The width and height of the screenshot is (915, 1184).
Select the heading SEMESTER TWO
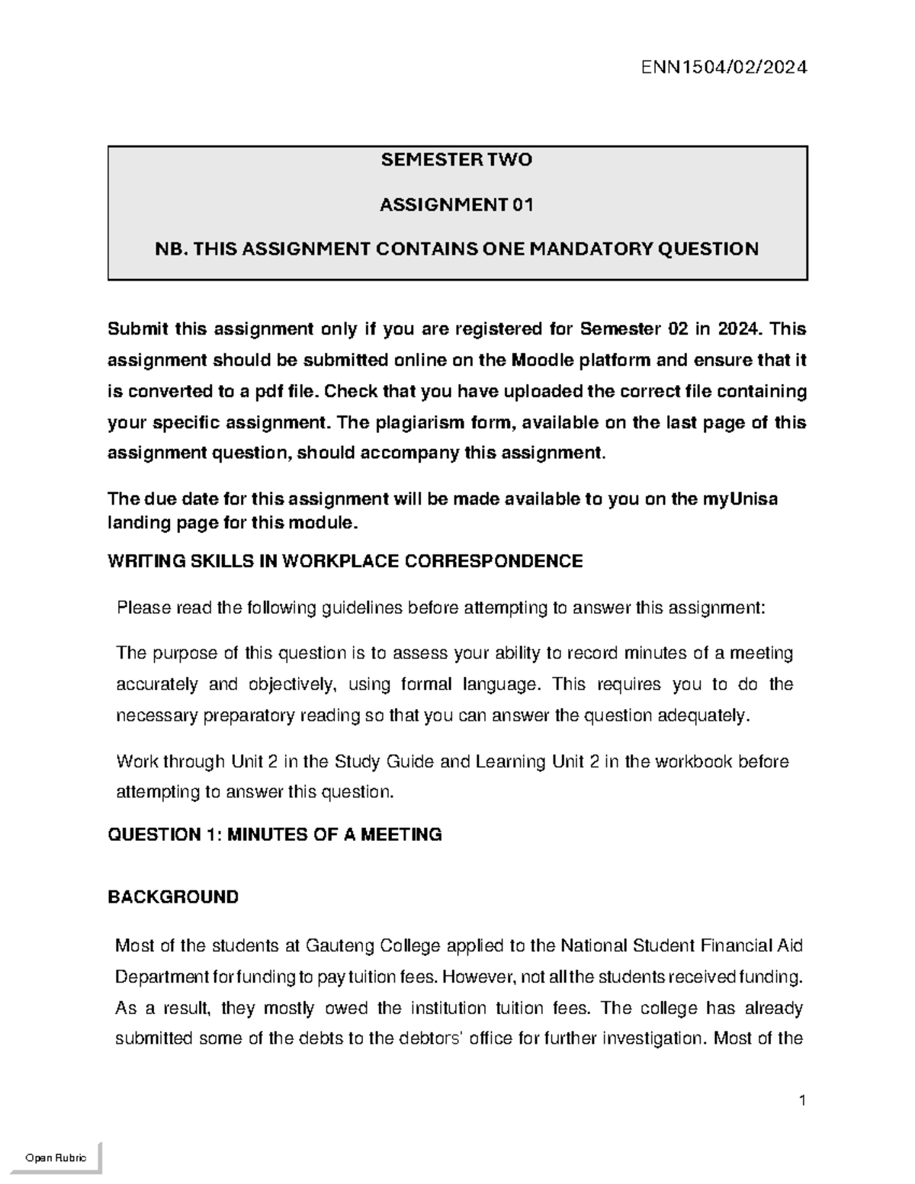pyautogui.click(x=457, y=160)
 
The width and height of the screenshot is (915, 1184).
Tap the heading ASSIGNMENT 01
pyautogui.click(x=457, y=204)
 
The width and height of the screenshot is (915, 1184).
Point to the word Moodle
pyautogui.click(x=544, y=360)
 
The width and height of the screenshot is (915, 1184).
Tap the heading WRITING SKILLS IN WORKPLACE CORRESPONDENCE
pyautogui.click(x=345, y=562)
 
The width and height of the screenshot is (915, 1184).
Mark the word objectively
pyautogui.click(x=292, y=685)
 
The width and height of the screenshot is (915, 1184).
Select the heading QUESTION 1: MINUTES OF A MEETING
pyautogui.click(x=274, y=835)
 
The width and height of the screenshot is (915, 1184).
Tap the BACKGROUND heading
pyautogui.click(x=173, y=897)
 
